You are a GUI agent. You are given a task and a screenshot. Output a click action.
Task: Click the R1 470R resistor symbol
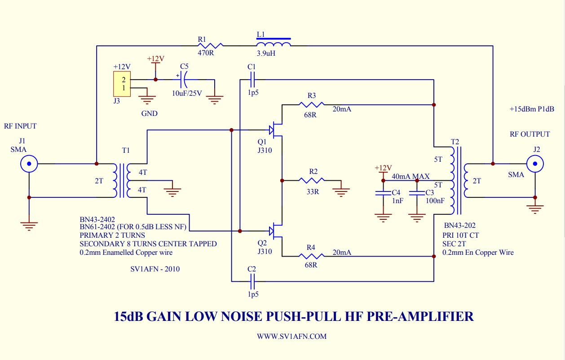[x=210, y=46]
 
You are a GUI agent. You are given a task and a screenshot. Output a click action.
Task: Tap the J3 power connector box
[x=122, y=84]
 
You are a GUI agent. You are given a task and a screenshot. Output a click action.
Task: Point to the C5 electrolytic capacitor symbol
[x=184, y=80]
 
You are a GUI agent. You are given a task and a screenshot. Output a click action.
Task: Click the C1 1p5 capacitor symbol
[x=252, y=80]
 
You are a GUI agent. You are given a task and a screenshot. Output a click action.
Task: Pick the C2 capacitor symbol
[x=252, y=281]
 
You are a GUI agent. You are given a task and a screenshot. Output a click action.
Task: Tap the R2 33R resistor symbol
[x=312, y=181]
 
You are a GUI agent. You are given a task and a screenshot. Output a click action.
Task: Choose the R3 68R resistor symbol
[x=312, y=105]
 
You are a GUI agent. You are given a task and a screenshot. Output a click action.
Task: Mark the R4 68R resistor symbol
[x=312, y=256]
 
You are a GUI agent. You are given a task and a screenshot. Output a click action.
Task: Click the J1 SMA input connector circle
[x=29, y=164]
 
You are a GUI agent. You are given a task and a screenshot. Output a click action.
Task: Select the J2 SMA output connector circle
[x=535, y=164]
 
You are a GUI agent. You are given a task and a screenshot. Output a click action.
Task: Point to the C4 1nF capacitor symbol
[x=383, y=193]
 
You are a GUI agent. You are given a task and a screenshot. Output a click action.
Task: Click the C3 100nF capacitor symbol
[x=417, y=193]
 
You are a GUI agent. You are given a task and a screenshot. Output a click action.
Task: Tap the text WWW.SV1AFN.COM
[x=292, y=337]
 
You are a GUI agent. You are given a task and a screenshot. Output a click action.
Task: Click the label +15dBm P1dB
[x=532, y=109]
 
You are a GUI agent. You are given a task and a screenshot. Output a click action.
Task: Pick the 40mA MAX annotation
[x=411, y=176]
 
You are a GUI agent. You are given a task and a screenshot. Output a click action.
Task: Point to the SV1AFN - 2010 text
[x=155, y=269]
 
